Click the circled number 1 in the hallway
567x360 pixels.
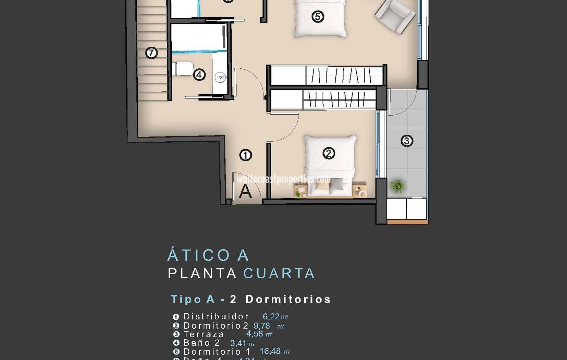[x=245, y=155]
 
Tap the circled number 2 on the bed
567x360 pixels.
[x=329, y=153]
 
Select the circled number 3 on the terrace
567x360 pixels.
[x=407, y=141]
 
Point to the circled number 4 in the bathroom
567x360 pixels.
[x=199, y=74]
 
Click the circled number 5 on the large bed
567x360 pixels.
[x=318, y=16]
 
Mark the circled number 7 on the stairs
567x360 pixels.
[x=152, y=53]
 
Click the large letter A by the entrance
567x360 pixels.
[x=245, y=191]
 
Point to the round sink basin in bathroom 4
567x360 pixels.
[x=220, y=78]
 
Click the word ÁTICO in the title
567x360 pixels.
[x=199, y=256]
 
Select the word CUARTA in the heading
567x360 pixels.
[x=279, y=274]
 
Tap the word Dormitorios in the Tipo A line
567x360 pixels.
[x=288, y=299]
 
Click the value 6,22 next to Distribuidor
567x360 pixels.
[x=271, y=317]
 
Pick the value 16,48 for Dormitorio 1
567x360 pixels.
[x=270, y=351]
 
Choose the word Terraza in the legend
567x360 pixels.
[x=204, y=334]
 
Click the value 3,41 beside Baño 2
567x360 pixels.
[x=238, y=343]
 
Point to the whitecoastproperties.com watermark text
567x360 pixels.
[x=283, y=179]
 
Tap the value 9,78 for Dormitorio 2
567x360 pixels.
[x=262, y=326]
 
